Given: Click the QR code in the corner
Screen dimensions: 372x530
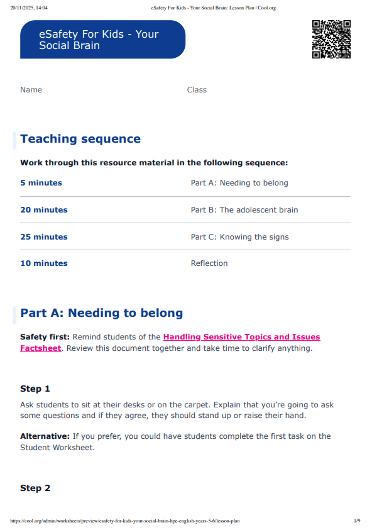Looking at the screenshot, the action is tap(331, 39).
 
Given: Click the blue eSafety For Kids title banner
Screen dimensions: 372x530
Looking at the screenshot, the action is tap(102, 40).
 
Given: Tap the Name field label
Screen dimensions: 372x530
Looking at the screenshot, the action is tap(31, 90).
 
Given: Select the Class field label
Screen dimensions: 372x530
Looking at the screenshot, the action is tap(197, 90).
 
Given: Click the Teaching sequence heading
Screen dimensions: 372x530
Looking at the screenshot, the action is tap(80, 139).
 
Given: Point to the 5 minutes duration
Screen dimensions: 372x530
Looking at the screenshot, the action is tap(41, 183).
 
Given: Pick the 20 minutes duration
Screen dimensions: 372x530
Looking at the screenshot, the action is tap(44, 210).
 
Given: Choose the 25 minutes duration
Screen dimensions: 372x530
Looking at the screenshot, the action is tap(44, 237).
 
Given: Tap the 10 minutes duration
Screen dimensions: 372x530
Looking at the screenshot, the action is tap(44, 263).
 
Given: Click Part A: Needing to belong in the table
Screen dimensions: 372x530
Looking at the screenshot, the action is tap(239, 183).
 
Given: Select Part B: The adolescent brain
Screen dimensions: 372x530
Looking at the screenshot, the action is tap(244, 210).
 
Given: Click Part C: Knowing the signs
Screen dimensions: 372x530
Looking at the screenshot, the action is tap(240, 237).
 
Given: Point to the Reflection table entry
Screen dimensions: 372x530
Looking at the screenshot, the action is tap(209, 263).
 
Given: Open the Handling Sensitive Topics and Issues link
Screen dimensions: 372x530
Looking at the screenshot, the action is tap(241, 338).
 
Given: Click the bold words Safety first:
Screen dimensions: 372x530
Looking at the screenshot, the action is tap(45, 338).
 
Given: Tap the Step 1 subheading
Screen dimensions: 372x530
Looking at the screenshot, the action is tap(35, 389).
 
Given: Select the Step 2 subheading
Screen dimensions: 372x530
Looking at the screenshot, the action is tap(35, 488).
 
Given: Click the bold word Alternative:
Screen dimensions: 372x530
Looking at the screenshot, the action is tap(45, 436).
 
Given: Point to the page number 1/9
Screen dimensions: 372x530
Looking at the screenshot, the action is tap(357, 521).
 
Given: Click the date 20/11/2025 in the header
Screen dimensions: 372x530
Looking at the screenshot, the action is tap(24, 8).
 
